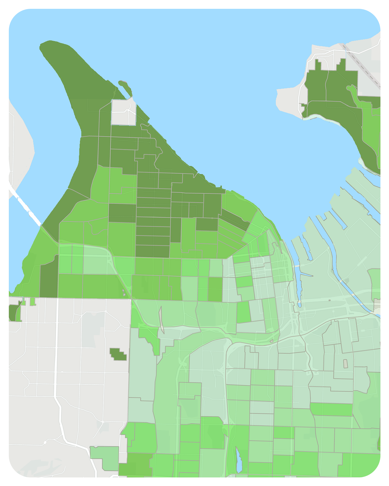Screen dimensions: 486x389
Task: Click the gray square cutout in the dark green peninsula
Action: tap(123, 112)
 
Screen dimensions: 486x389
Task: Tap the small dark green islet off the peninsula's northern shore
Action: tap(126, 87)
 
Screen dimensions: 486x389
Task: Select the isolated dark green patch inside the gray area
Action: tap(118, 354)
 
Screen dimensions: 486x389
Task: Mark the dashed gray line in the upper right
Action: tap(362, 65)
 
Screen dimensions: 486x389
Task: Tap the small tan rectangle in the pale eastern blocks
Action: tap(345, 363)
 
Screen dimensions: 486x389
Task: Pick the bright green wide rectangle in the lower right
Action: tap(331, 409)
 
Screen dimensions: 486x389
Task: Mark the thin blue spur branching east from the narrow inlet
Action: tap(306, 274)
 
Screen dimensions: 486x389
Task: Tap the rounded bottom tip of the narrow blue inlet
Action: tap(299, 304)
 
